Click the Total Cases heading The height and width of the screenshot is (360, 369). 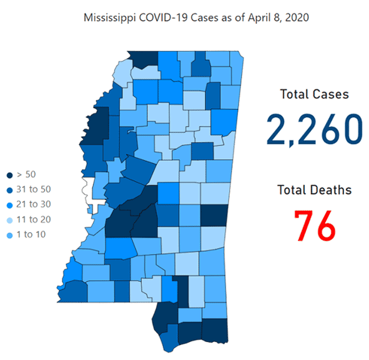coord(313,95)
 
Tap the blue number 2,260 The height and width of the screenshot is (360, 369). coord(313,130)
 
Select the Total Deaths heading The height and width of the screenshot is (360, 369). coord(315,189)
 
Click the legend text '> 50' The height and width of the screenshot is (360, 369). coord(27,175)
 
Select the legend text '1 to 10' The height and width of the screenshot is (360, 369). coord(31,234)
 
